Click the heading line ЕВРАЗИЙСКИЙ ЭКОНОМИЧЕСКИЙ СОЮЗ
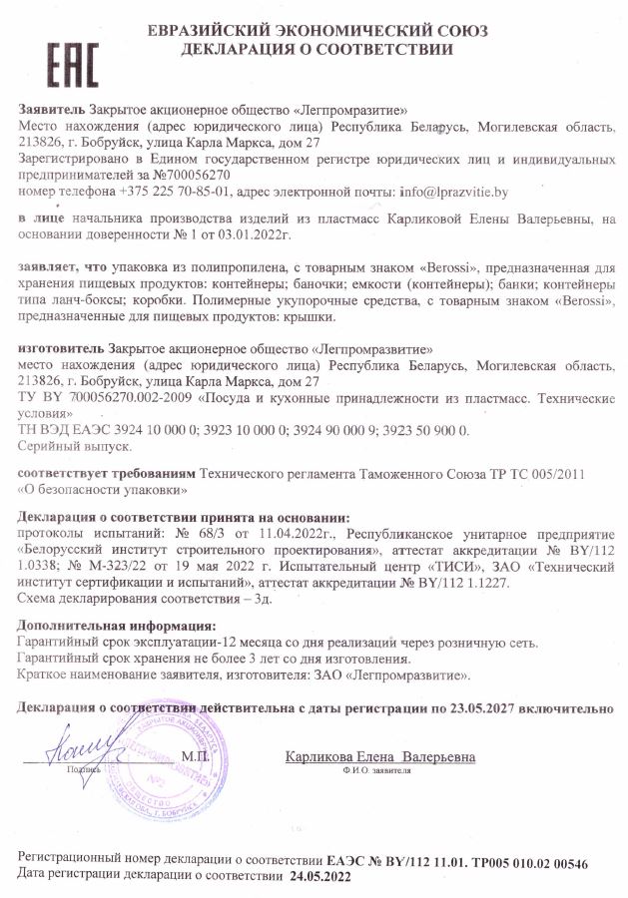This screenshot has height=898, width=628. (x=317, y=31)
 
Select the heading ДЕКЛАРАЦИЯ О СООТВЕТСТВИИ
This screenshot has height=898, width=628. (x=317, y=49)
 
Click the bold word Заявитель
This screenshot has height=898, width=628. (x=52, y=109)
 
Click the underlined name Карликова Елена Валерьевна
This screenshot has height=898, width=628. (x=380, y=756)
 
